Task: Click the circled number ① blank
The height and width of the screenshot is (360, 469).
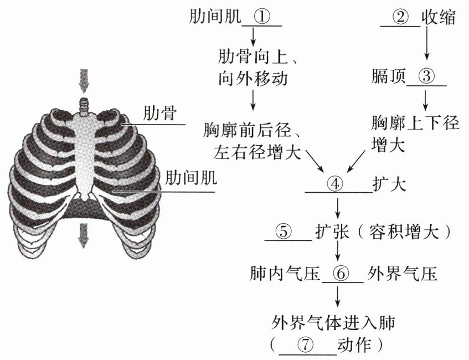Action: pos(262,17)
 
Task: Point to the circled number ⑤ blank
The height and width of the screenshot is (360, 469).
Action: pos(283,231)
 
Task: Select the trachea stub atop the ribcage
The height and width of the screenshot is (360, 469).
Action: pos(84,105)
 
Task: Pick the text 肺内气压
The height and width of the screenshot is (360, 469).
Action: pos(285,274)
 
